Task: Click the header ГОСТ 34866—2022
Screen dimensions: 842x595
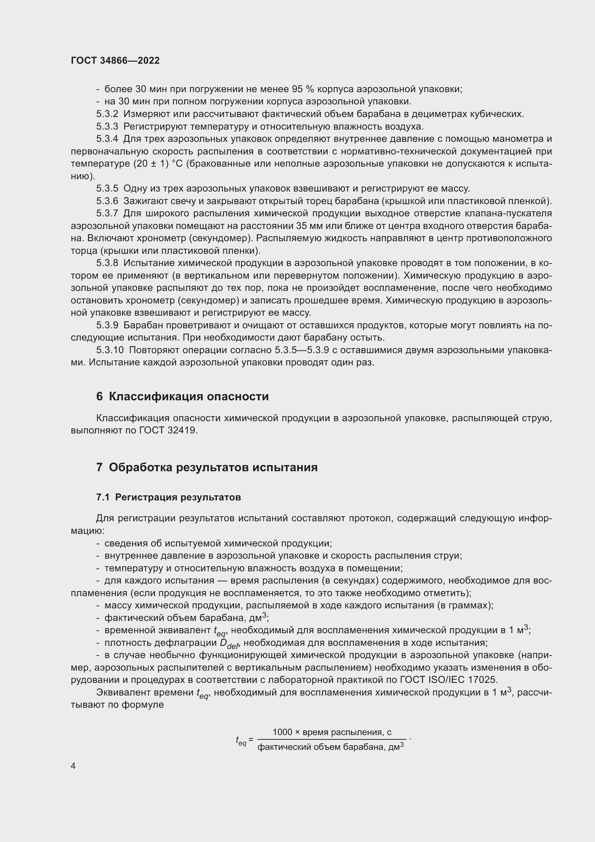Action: (115, 61)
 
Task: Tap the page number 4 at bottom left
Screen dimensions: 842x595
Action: (73, 766)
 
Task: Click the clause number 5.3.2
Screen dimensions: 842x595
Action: (107, 114)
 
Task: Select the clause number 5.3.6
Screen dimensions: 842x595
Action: (107, 201)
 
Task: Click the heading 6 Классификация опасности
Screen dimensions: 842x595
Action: (182, 397)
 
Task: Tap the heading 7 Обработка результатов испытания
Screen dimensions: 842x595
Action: (207, 468)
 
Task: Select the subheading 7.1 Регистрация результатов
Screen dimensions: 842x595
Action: (168, 497)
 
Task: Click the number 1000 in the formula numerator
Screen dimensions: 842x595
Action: (282, 732)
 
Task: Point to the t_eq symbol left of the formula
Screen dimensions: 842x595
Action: (241, 742)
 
